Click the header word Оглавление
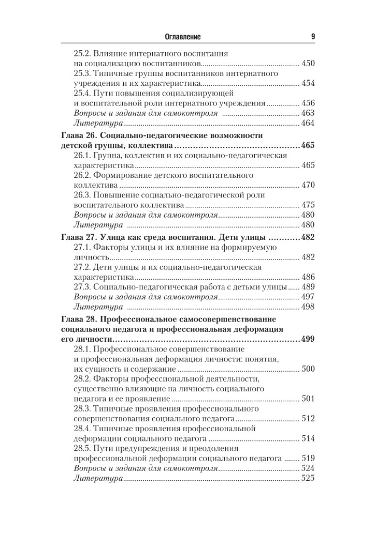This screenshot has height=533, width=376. click(182, 37)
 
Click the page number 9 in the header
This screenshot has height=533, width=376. click(313, 37)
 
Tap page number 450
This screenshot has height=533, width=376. click(308, 64)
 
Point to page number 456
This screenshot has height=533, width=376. click(308, 103)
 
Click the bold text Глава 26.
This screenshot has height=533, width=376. click(78, 135)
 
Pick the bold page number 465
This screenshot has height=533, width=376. click(307, 145)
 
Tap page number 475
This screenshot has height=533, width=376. click(308, 205)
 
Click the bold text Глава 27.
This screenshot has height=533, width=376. click(78, 237)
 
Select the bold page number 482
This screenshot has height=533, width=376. click(307, 237)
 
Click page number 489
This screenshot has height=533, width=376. click(308, 286)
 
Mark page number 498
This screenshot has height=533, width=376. click(308, 307)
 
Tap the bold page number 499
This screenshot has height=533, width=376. click(307, 339)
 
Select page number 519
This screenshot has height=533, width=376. click(308, 459)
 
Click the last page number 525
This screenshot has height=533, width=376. click(308, 478)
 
